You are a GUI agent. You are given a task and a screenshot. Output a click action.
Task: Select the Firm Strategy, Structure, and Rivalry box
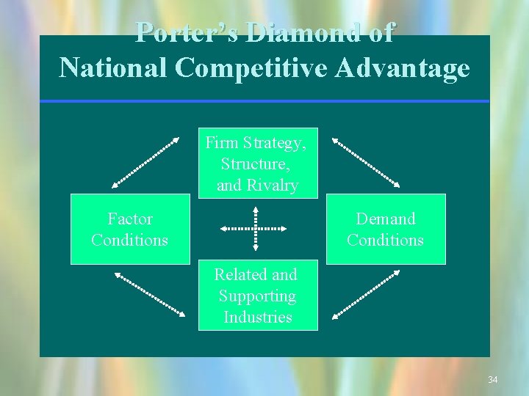pos(258,163)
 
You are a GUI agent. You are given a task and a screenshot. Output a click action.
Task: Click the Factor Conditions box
pos(129,229)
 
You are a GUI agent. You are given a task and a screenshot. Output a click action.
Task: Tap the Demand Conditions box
pos(385,229)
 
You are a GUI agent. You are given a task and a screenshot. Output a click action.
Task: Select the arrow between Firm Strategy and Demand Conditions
pos(366,161)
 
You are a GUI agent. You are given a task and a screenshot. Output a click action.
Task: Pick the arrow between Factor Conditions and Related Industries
pos(150,294)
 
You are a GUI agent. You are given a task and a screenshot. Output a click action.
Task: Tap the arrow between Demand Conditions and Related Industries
pos(366,294)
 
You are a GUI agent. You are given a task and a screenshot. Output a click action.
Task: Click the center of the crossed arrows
pos(256,230)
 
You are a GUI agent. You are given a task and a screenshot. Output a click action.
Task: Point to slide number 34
pos(492,380)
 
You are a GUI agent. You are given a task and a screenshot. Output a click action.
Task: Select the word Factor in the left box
pos(130,219)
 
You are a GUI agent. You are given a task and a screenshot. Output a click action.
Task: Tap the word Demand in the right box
pos(386,219)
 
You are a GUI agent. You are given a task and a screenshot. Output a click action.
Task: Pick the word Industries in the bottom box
pos(258,317)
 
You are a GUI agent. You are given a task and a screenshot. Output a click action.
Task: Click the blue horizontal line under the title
pos(264,101)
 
